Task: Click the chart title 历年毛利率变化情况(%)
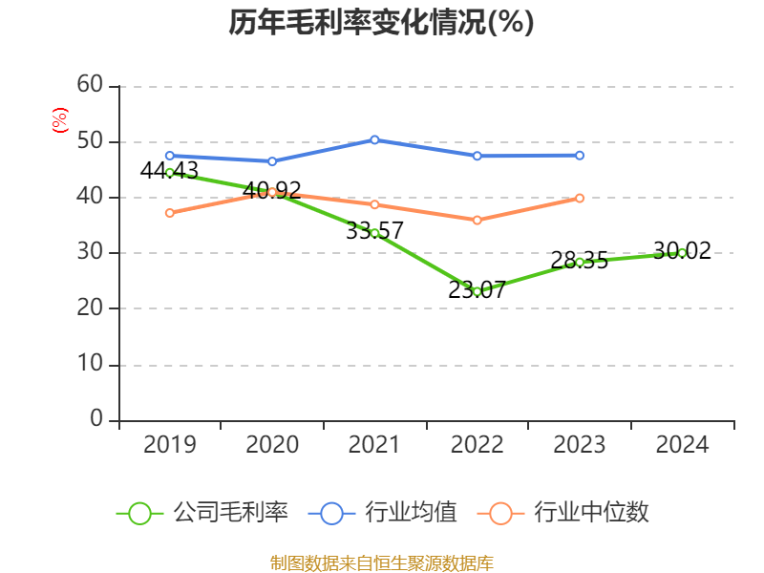[x=381, y=23]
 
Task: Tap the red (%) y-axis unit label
[x=59, y=120]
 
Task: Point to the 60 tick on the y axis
[x=90, y=85]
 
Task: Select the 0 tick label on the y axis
[x=96, y=419]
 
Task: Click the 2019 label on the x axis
[x=170, y=445]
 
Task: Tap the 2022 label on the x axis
[x=477, y=445]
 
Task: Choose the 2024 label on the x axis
[x=682, y=445]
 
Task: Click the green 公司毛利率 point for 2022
[x=477, y=291]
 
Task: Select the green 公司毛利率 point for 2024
[x=682, y=253]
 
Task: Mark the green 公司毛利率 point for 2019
[x=170, y=173]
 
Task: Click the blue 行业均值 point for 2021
[x=374, y=140]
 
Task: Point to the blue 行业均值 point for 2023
[x=580, y=155]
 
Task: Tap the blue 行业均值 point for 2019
[x=170, y=155]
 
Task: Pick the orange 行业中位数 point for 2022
[x=477, y=220]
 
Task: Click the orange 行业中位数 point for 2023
[x=580, y=198]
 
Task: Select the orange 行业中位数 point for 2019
[x=170, y=213]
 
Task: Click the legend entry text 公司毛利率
[x=231, y=513]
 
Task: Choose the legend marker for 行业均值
[x=331, y=513]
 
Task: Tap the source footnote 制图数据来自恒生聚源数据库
[x=381, y=562]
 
